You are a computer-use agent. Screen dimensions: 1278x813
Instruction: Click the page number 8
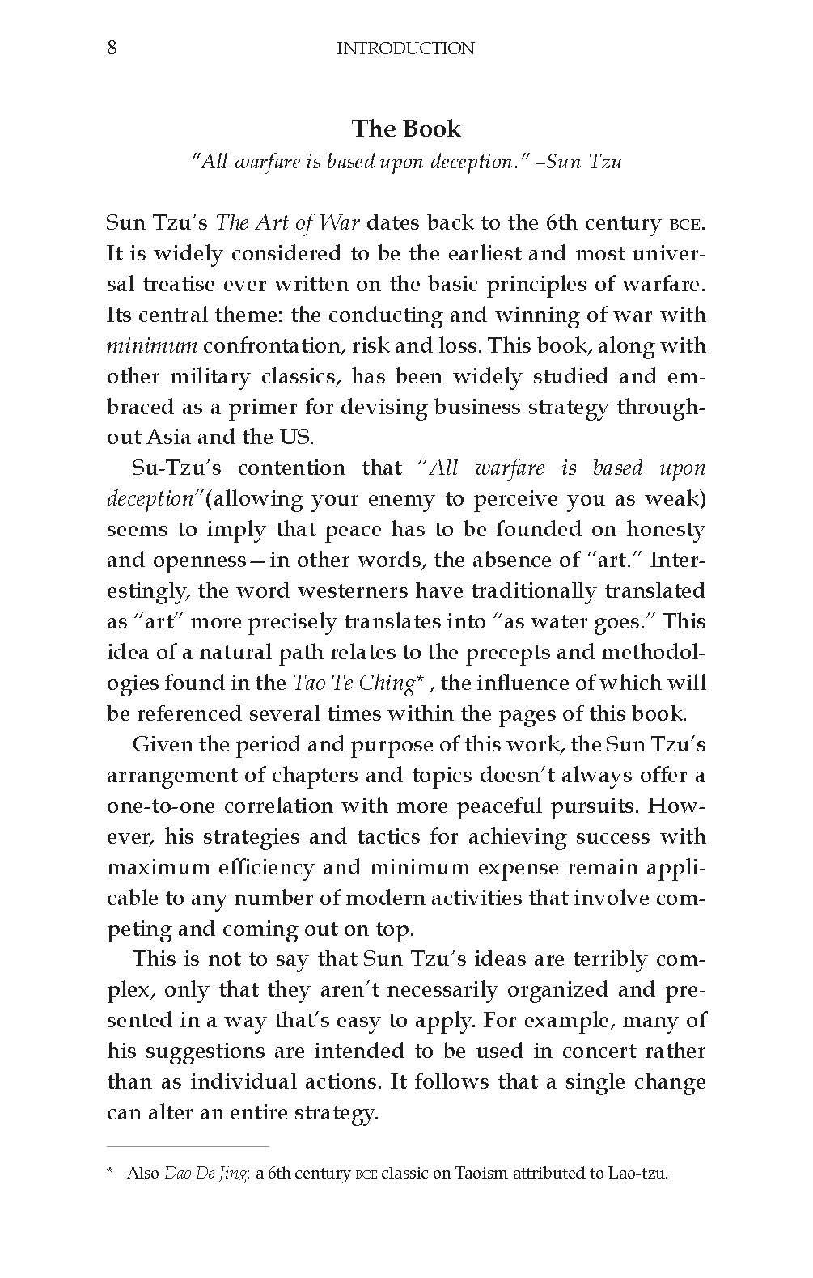point(112,49)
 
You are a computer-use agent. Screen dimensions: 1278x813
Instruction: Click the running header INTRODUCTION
point(405,49)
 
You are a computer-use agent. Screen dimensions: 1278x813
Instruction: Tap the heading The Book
point(406,129)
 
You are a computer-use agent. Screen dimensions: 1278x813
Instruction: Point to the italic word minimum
point(151,346)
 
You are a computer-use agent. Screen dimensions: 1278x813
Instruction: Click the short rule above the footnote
point(188,1146)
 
